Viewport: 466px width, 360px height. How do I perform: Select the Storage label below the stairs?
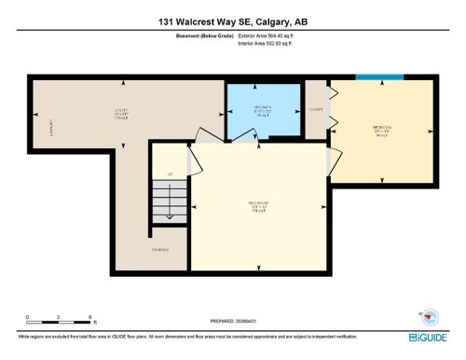161,248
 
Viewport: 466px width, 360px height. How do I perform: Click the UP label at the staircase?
170,174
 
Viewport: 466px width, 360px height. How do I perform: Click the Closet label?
316,109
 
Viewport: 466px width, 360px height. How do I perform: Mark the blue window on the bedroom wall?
380,78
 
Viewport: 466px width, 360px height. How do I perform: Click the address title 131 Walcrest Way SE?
232,21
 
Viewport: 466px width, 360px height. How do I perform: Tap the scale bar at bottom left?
58,320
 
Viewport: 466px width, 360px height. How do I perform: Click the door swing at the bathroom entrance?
244,136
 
